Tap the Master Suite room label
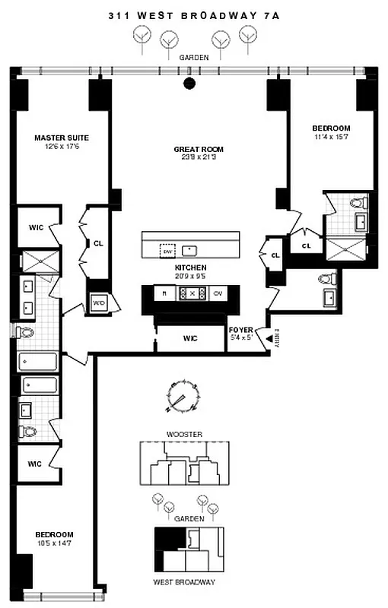62,138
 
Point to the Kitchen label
190,268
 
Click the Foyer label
240,329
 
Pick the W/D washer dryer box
98,302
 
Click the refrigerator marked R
164,293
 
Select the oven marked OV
217,293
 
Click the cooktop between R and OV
191,293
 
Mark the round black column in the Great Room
189,84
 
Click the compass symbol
183,397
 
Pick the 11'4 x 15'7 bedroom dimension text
331,137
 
